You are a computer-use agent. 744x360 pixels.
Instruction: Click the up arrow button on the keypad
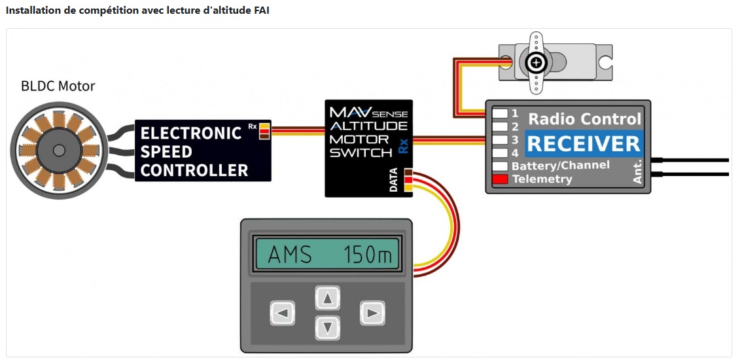point(328,298)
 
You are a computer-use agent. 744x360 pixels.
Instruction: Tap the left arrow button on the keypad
point(282,314)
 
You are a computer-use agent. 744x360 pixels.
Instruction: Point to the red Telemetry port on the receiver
point(500,179)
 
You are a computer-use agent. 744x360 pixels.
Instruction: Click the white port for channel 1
point(500,113)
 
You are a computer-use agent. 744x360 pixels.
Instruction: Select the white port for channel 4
point(500,153)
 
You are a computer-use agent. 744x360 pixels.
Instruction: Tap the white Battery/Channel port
point(500,166)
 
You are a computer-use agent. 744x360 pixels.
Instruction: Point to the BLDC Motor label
point(58,86)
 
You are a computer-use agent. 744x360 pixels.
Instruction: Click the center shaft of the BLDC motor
point(58,150)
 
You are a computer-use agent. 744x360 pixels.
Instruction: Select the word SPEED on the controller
point(167,152)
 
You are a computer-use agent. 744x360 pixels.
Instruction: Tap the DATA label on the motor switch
point(394,180)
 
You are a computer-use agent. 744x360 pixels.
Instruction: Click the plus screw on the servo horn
point(536,63)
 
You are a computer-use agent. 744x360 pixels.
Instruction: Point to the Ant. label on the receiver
point(638,172)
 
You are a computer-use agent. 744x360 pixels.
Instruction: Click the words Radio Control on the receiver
point(584,119)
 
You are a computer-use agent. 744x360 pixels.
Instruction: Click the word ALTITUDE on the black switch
point(368,126)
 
